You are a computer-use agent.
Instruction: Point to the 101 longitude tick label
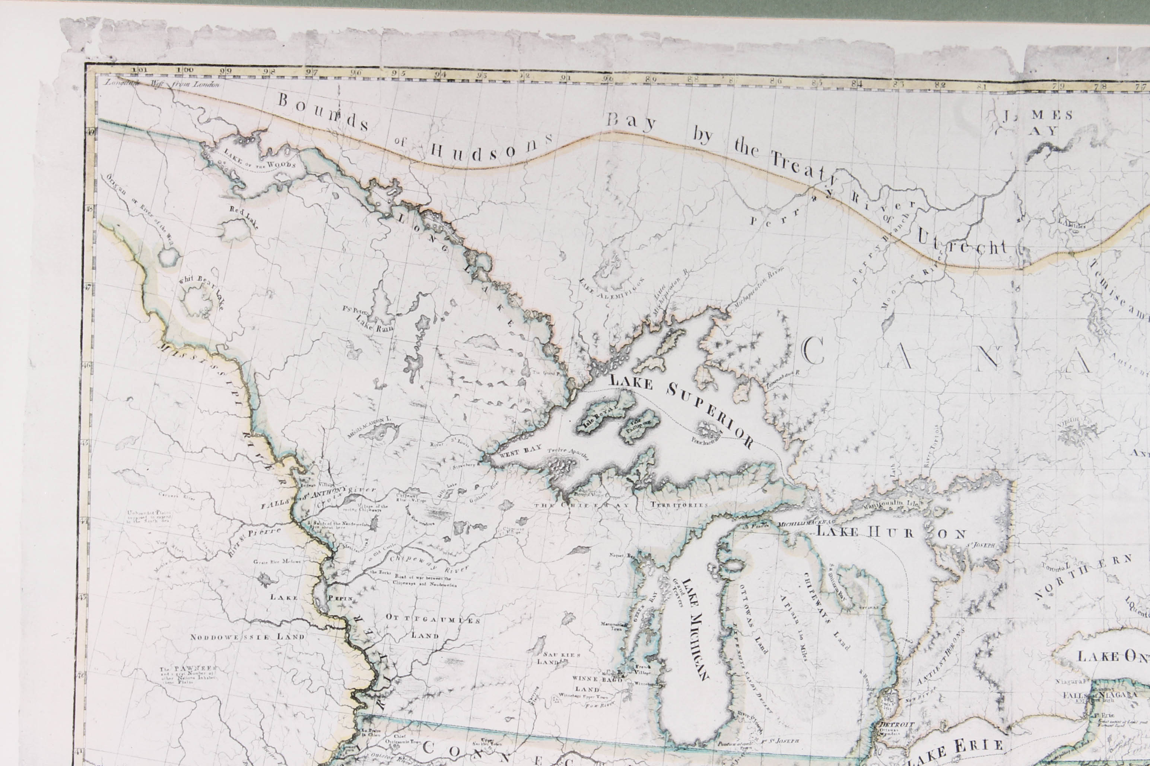(141, 69)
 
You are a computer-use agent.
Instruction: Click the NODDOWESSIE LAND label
(248, 637)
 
